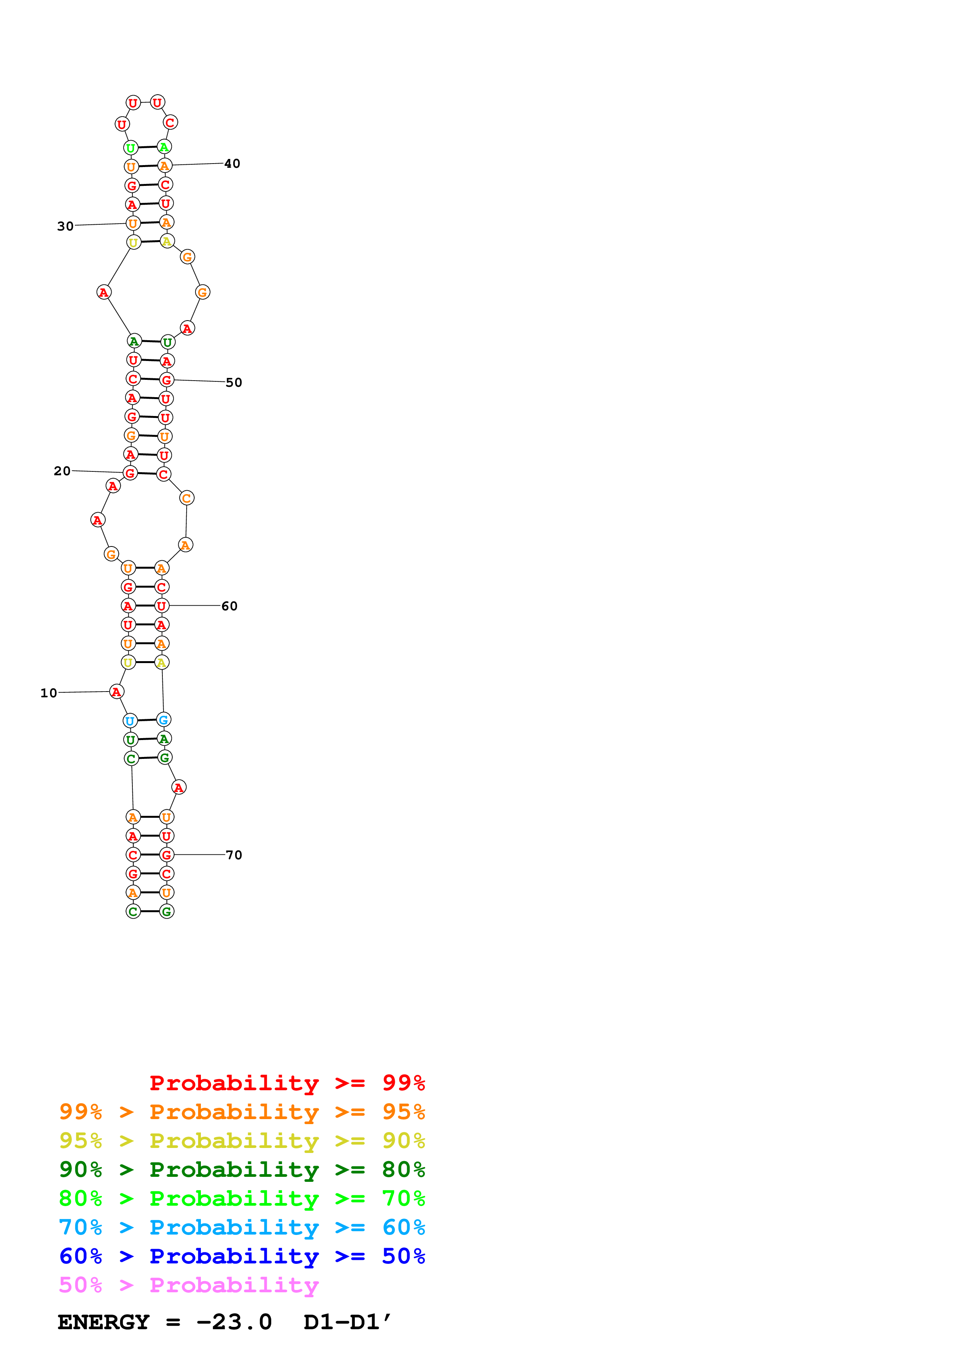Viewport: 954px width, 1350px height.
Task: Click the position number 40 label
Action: (232, 164)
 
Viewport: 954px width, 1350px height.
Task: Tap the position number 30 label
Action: (65, 226)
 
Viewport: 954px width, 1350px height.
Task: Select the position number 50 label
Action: (234, 383)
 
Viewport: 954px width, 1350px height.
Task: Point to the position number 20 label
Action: (62, 471)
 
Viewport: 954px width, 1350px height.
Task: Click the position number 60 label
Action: (229, 606)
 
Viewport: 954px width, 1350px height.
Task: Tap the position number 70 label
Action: (234, 855)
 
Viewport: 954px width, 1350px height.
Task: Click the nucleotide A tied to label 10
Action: (116, 692)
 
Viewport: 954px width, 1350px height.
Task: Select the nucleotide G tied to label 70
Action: (167, 855)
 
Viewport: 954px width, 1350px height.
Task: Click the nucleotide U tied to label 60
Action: (162, 606)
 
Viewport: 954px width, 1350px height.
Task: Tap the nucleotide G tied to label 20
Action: (130, 473)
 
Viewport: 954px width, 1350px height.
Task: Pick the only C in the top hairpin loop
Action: (170, 122)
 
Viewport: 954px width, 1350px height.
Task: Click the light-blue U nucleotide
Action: (130, 721)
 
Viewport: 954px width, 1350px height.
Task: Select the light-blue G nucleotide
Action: (164, 720)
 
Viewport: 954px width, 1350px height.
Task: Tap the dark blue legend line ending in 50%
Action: (242, 1256)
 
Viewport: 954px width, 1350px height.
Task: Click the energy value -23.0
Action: (234, 1322)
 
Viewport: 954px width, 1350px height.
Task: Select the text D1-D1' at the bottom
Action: (347, 1322)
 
